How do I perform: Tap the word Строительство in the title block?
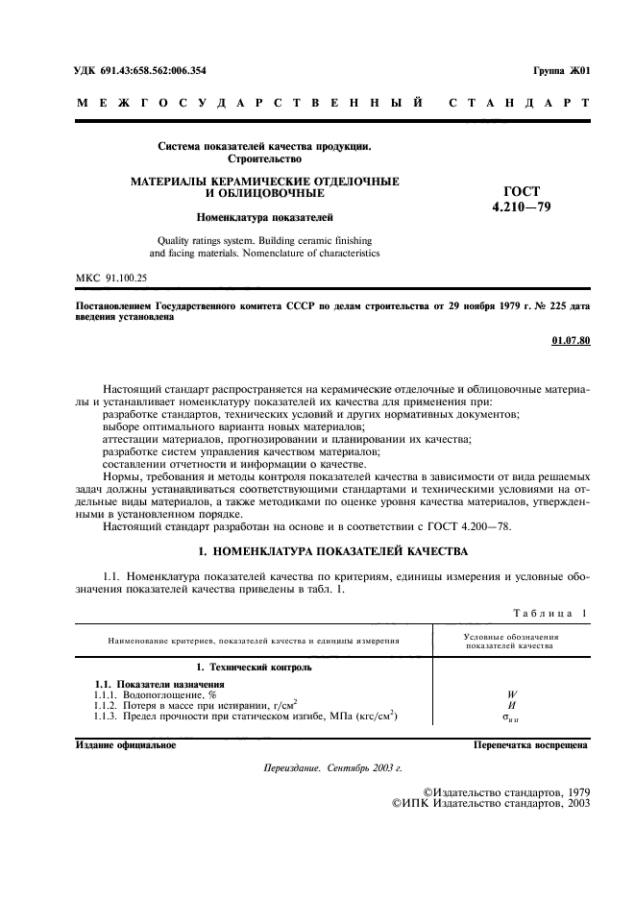(264, 158)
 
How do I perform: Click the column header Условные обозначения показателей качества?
(512, 641)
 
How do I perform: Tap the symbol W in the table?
(512, 693)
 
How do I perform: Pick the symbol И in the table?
(512, 704)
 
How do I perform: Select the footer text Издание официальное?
(125, 744)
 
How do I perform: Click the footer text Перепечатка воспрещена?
(531, 744)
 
